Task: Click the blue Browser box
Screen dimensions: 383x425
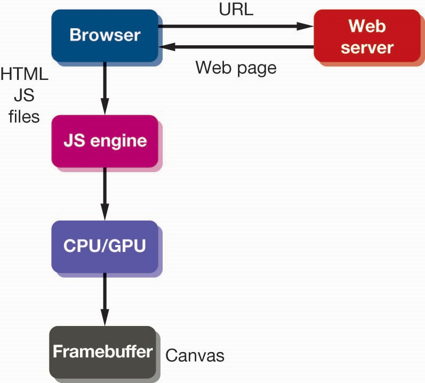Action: coord(105,36)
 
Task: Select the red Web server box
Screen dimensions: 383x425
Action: coord(367,36)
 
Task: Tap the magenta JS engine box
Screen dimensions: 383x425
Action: coord(105,141)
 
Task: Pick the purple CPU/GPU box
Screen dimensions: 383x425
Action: coord(105,246)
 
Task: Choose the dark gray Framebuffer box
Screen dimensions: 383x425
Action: coord(102,352)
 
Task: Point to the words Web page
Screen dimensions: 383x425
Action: coord(236,68)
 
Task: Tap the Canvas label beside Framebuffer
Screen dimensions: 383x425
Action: coord(195,355)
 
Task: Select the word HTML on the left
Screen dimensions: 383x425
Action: coord(25,75)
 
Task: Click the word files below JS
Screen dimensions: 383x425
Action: coord(25,116)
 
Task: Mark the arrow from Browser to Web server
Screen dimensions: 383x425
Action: coord(235,26)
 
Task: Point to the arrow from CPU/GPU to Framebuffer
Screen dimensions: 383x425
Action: coord(105,298)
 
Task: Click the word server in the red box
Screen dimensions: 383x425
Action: coord(367,47)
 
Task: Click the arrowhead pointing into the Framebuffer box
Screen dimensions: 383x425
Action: coord(105,320)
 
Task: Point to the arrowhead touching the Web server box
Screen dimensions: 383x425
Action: coord(307,26)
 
